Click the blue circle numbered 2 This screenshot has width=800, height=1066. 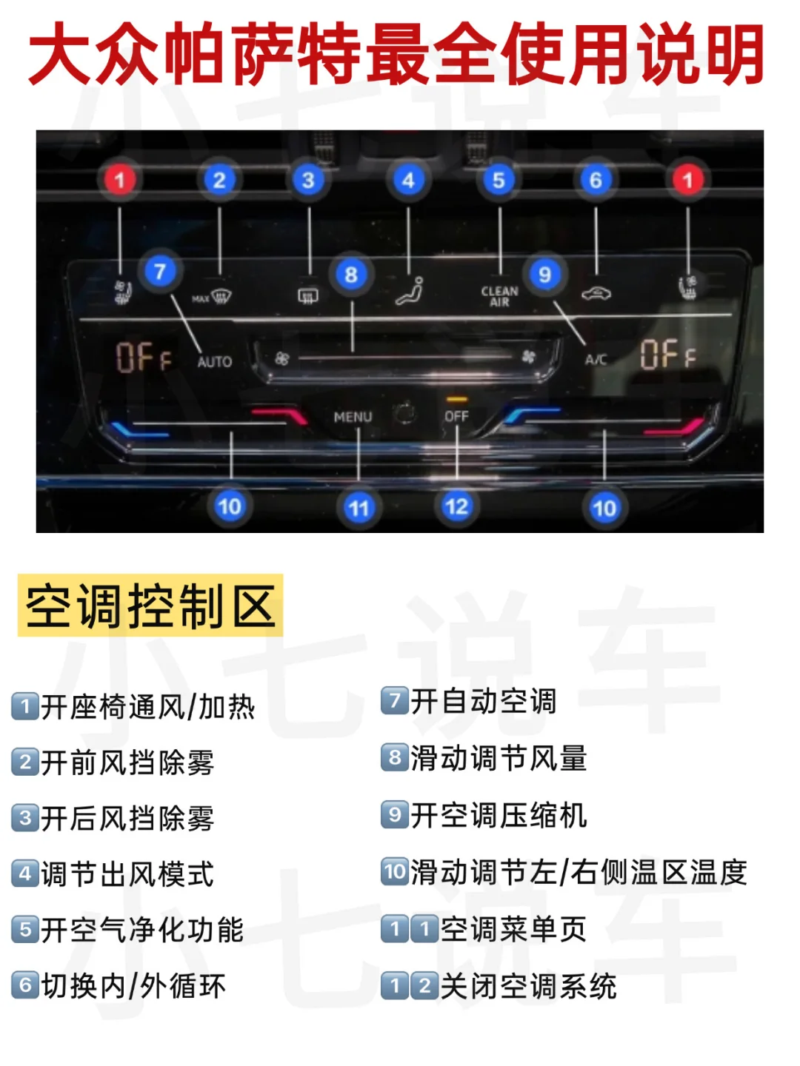coord(219,180)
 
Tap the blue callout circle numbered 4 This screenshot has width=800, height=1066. coord(408,180)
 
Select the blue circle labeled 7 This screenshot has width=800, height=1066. coord(160,272)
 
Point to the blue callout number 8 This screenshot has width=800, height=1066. coord(351,275)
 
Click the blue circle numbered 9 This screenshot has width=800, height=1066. coord(545,275)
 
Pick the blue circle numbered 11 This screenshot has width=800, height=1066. coord(359,508)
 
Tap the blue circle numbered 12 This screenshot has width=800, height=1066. coord(456,506)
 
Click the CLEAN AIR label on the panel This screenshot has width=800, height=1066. coord(500,296)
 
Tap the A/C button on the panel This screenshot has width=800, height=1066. coord(596,360)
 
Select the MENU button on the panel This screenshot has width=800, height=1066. coord(353,417)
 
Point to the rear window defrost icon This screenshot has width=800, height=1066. coord(308,296)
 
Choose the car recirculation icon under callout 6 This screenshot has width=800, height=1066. coord(596,294)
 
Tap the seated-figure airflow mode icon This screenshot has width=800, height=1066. coord(410,291)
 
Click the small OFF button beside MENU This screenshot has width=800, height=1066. coord(456,416)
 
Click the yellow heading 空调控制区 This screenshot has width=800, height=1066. coord(150,606)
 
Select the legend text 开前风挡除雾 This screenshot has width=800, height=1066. coord(127,762)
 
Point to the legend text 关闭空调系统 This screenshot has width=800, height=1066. coord(528,986)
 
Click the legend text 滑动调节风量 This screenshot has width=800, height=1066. coord(499,758)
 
